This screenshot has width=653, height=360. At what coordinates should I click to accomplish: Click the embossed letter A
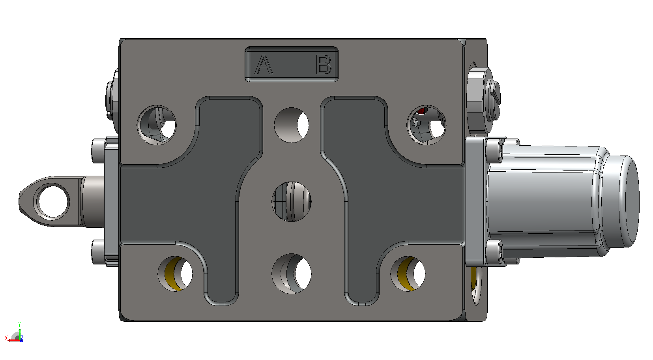click(264, 64)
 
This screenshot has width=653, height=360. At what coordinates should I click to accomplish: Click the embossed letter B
click(324, 64)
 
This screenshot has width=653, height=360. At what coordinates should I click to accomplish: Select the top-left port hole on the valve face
click(157, 125)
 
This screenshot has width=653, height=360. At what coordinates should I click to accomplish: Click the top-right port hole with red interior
click(427, 125)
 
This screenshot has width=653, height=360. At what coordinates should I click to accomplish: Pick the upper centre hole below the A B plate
click(292, 125)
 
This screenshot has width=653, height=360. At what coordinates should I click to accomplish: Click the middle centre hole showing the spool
click(292, 202)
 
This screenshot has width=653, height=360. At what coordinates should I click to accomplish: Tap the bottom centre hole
click(292, 274)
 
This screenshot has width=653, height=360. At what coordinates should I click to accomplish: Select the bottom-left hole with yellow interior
click(175, 274)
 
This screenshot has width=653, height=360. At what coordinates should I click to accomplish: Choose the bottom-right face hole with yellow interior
click(408, 274)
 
